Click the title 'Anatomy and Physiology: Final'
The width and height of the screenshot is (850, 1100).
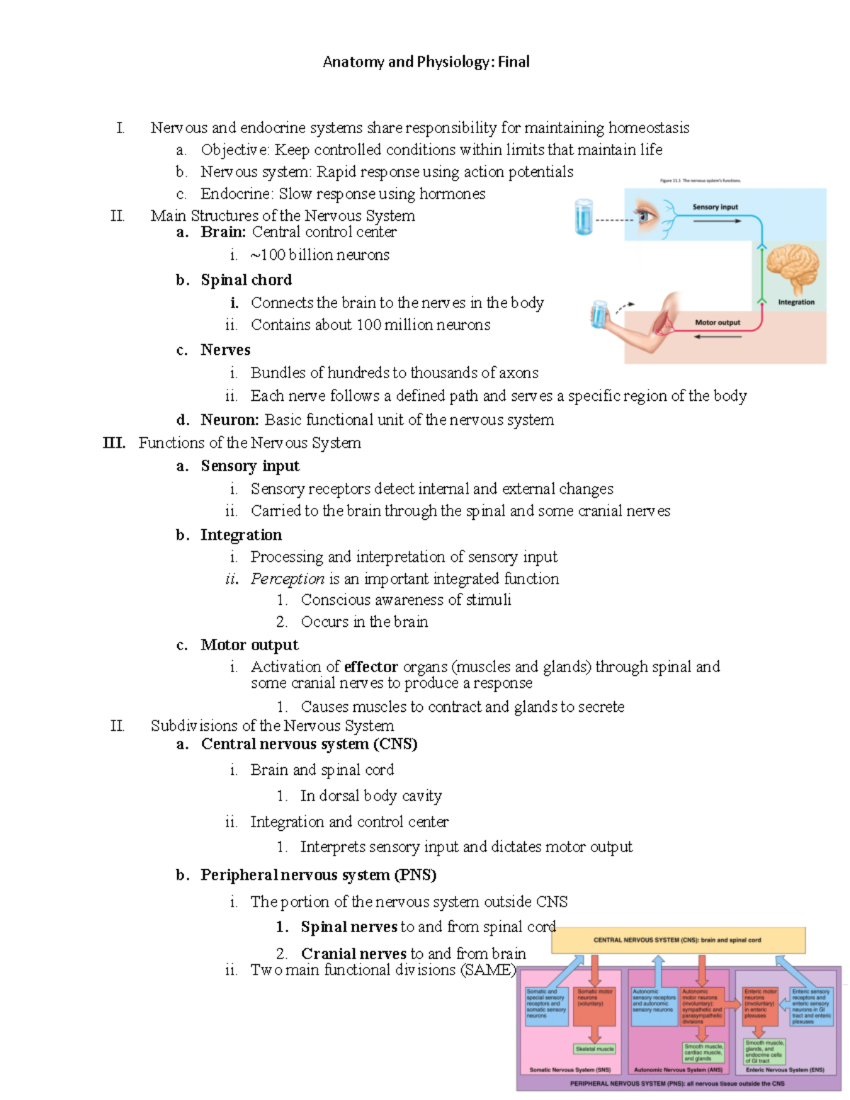(x=426, y=62)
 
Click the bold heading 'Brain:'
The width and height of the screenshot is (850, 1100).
(x=223, y=232)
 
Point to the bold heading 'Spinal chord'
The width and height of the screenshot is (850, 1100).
(x=246, y=280)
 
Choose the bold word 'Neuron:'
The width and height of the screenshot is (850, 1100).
(x=229, y=420)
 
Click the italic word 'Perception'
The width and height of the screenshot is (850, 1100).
(x=287, y=579)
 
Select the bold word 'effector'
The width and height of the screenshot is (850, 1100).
(x=370, y=667)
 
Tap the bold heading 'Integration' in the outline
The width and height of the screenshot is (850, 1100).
(x=241, y=535)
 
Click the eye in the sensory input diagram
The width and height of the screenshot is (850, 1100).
(x=646, y=215)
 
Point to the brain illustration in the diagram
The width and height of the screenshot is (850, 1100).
(x=793, y=268)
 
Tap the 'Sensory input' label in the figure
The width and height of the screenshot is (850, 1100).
(x=715, y=207)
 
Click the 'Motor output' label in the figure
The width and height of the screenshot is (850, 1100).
(x=717, y=323)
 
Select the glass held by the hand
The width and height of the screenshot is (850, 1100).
(x=600, y=315)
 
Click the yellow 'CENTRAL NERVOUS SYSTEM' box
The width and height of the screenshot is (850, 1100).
(x=678, y=941)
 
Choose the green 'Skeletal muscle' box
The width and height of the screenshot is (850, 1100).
(x=595, y=1049)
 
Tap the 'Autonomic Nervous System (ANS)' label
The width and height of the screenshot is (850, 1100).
(x=678, y=1070)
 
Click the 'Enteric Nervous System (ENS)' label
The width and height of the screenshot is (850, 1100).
(x=784, y=1070)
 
